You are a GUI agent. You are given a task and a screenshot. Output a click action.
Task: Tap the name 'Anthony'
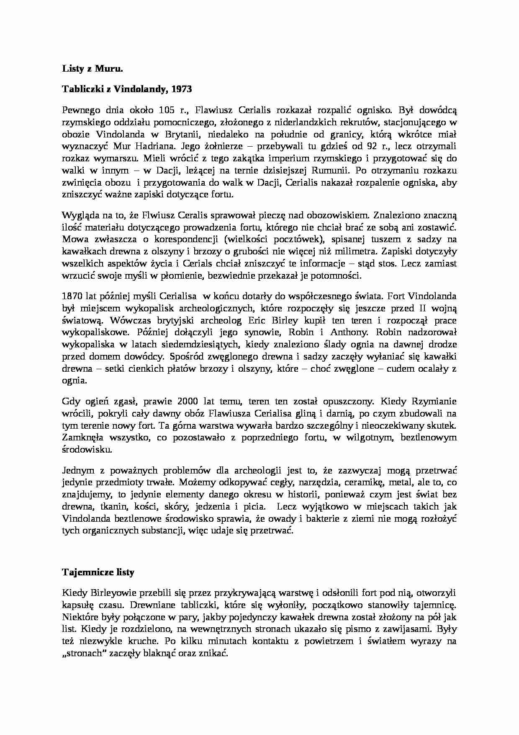point(349,332)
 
